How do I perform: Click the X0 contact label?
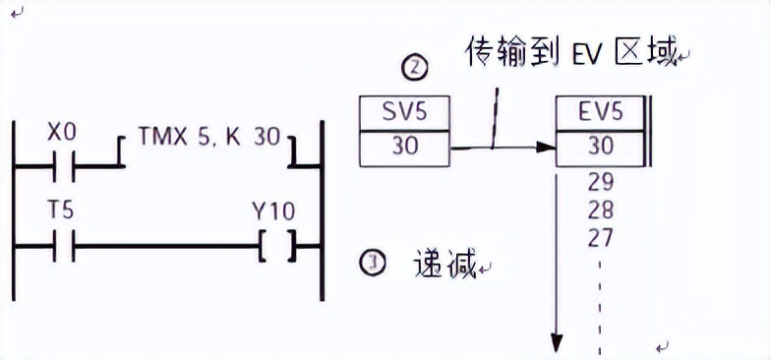(61, 133)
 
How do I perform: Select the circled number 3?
(373, 264)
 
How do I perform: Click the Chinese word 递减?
(445, 263)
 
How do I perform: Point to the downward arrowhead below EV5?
(557, 342)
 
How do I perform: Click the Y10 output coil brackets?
(276, 246)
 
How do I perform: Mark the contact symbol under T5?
(61, 246)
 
